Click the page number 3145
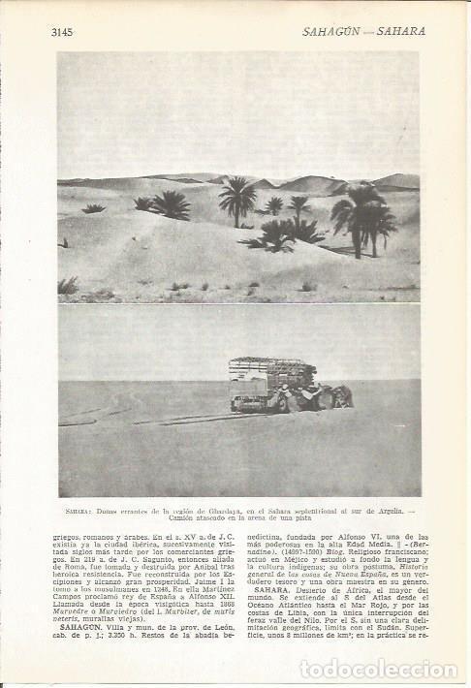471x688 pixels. pos(62,31)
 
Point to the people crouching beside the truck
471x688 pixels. pos(330,396)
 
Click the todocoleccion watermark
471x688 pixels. pos(378,670)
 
